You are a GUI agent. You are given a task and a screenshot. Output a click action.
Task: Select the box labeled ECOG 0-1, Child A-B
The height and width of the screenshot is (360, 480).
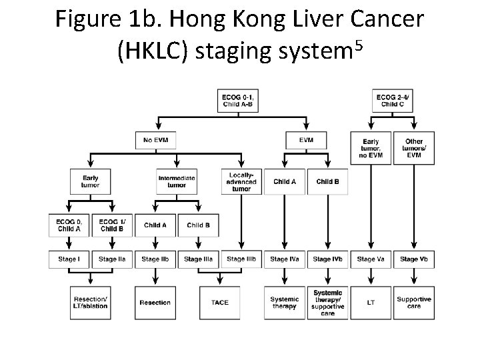tap(237, 101)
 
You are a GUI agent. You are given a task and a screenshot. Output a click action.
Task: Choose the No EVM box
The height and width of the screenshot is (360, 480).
tap(155, 140)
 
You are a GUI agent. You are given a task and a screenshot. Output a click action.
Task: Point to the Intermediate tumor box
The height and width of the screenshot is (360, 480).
tap(177, 181)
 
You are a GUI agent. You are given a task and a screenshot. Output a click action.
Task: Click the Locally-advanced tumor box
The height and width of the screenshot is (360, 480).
tap(241, 181)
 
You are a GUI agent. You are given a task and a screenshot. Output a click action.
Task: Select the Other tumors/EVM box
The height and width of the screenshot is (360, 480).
tap(413, 148)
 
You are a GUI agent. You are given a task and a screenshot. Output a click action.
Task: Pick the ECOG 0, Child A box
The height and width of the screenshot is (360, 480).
tap(69, 225)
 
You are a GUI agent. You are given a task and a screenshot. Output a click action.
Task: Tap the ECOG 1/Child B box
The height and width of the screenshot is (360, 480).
tap(111, 225)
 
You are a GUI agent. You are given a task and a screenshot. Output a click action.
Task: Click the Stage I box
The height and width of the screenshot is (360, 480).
tap(69, 259)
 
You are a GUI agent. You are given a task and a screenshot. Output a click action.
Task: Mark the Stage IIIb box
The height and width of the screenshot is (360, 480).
tap(241, 259)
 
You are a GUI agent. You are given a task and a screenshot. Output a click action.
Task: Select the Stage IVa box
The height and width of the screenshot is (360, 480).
tap(284, 259)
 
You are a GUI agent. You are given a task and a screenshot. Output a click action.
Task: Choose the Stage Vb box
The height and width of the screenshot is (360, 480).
tap(413, 259)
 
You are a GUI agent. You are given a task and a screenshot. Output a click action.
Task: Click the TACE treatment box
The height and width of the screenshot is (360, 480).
tap(219, 303)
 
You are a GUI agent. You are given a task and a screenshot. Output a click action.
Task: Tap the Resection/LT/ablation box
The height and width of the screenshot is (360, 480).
tap(89, 303)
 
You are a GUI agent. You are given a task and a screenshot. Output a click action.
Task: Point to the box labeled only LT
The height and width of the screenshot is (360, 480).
tap(371, 303)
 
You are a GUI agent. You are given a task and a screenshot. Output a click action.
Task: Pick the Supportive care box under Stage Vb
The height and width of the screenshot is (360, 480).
tap(413, 303)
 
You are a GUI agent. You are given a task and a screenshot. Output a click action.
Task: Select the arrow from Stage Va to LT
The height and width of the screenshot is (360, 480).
tap(371, 277)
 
